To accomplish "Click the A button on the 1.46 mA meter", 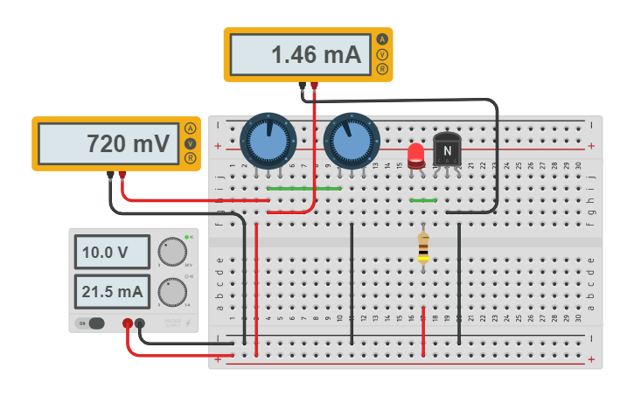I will tap(382, 39).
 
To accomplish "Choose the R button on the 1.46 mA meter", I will tap(382, 69).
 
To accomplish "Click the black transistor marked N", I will tap(447, 150).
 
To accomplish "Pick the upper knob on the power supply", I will tap(173, 253).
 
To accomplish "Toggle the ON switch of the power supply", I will tap(92, 323).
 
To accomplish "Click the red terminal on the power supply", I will tap(128, 323).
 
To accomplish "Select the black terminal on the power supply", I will tap(140, 323).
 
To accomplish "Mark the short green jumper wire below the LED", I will tap(423, 200).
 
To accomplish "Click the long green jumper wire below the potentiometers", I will tap(303, 188).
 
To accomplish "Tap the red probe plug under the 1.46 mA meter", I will tap(314, 87).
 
